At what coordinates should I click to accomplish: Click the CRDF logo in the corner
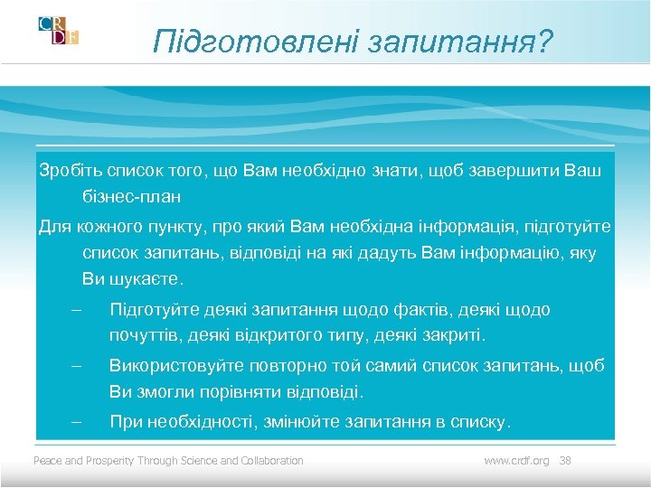(59, 31)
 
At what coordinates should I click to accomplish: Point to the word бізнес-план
(132, 195)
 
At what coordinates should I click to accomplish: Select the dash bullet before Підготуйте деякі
(76, 310)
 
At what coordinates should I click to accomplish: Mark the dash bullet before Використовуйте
(76, 366)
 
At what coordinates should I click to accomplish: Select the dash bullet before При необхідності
(76, 421)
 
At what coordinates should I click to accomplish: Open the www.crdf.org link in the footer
(516, 461)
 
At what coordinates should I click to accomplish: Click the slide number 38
(566, 461)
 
